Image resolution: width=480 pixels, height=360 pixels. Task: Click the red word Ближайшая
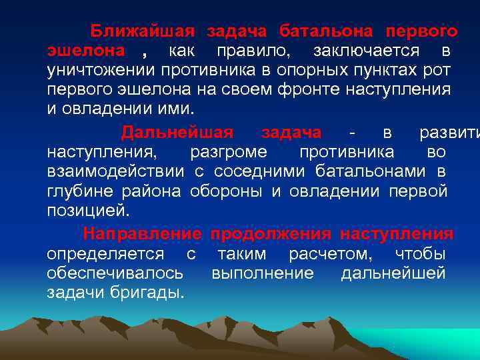(x=143, y=31)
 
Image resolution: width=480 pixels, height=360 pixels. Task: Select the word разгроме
(x=229, y=152)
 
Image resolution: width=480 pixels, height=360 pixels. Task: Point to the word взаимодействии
(x=115, y=171)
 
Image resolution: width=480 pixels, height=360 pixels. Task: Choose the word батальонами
(x=368, y=171)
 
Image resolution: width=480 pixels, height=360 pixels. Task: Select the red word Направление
(x=142, y=234)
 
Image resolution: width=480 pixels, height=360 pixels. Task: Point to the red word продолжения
(x=271, y=234)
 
